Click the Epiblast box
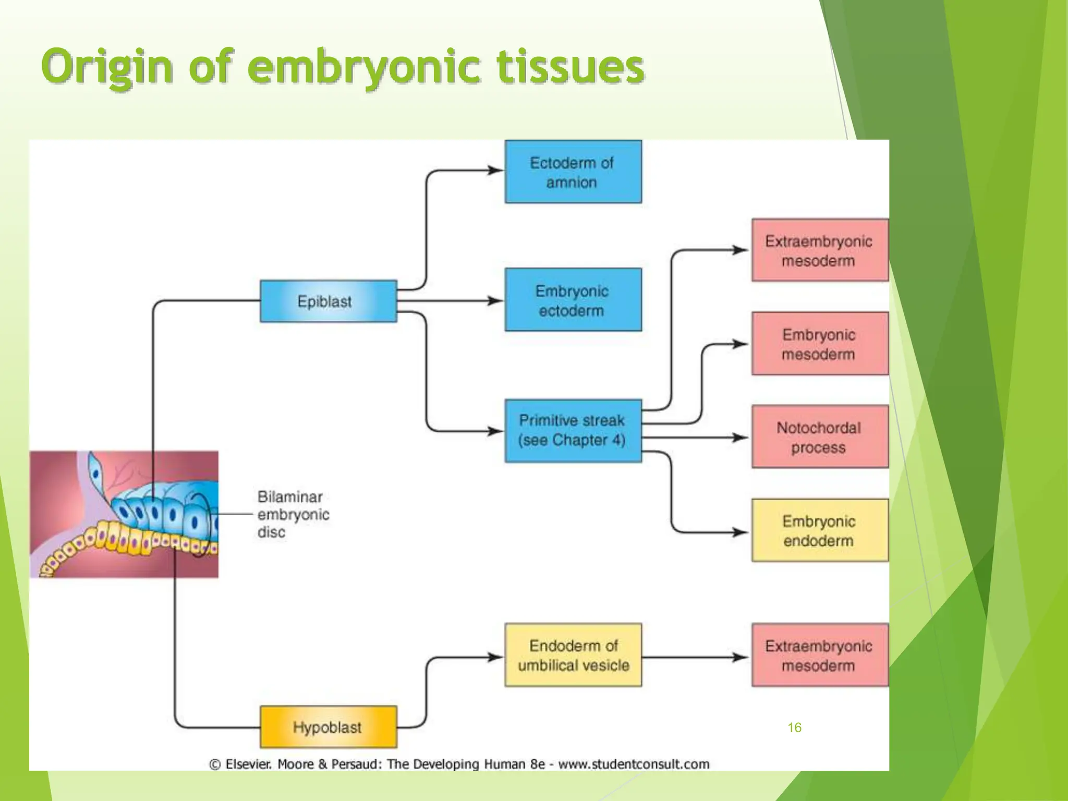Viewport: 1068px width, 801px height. tap(328, 301)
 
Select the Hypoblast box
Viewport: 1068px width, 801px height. tap(328, 727)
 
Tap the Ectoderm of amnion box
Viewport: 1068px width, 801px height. tap(573, 172)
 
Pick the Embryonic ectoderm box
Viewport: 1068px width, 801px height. tap(573, 300)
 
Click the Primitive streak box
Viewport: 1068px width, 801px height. tap(573, 431)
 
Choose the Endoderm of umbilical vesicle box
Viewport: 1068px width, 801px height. tap(573, 655)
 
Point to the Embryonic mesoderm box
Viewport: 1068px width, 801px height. tap(819, 344)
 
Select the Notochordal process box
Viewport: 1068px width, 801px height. tap(819, 437)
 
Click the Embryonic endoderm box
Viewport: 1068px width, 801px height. tap(819, 530)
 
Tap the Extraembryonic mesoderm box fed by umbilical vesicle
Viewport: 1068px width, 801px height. tap(819, 655)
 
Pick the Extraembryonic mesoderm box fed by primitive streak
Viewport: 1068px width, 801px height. tap(819, 250)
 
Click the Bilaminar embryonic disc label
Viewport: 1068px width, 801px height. tap(293, 514)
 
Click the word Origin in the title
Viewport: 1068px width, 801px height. tap(107, 67)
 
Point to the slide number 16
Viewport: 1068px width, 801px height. tap(794, 727)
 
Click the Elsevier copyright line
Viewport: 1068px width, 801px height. tap(459, 764)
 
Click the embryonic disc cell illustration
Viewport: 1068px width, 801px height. tap(124, 514)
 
